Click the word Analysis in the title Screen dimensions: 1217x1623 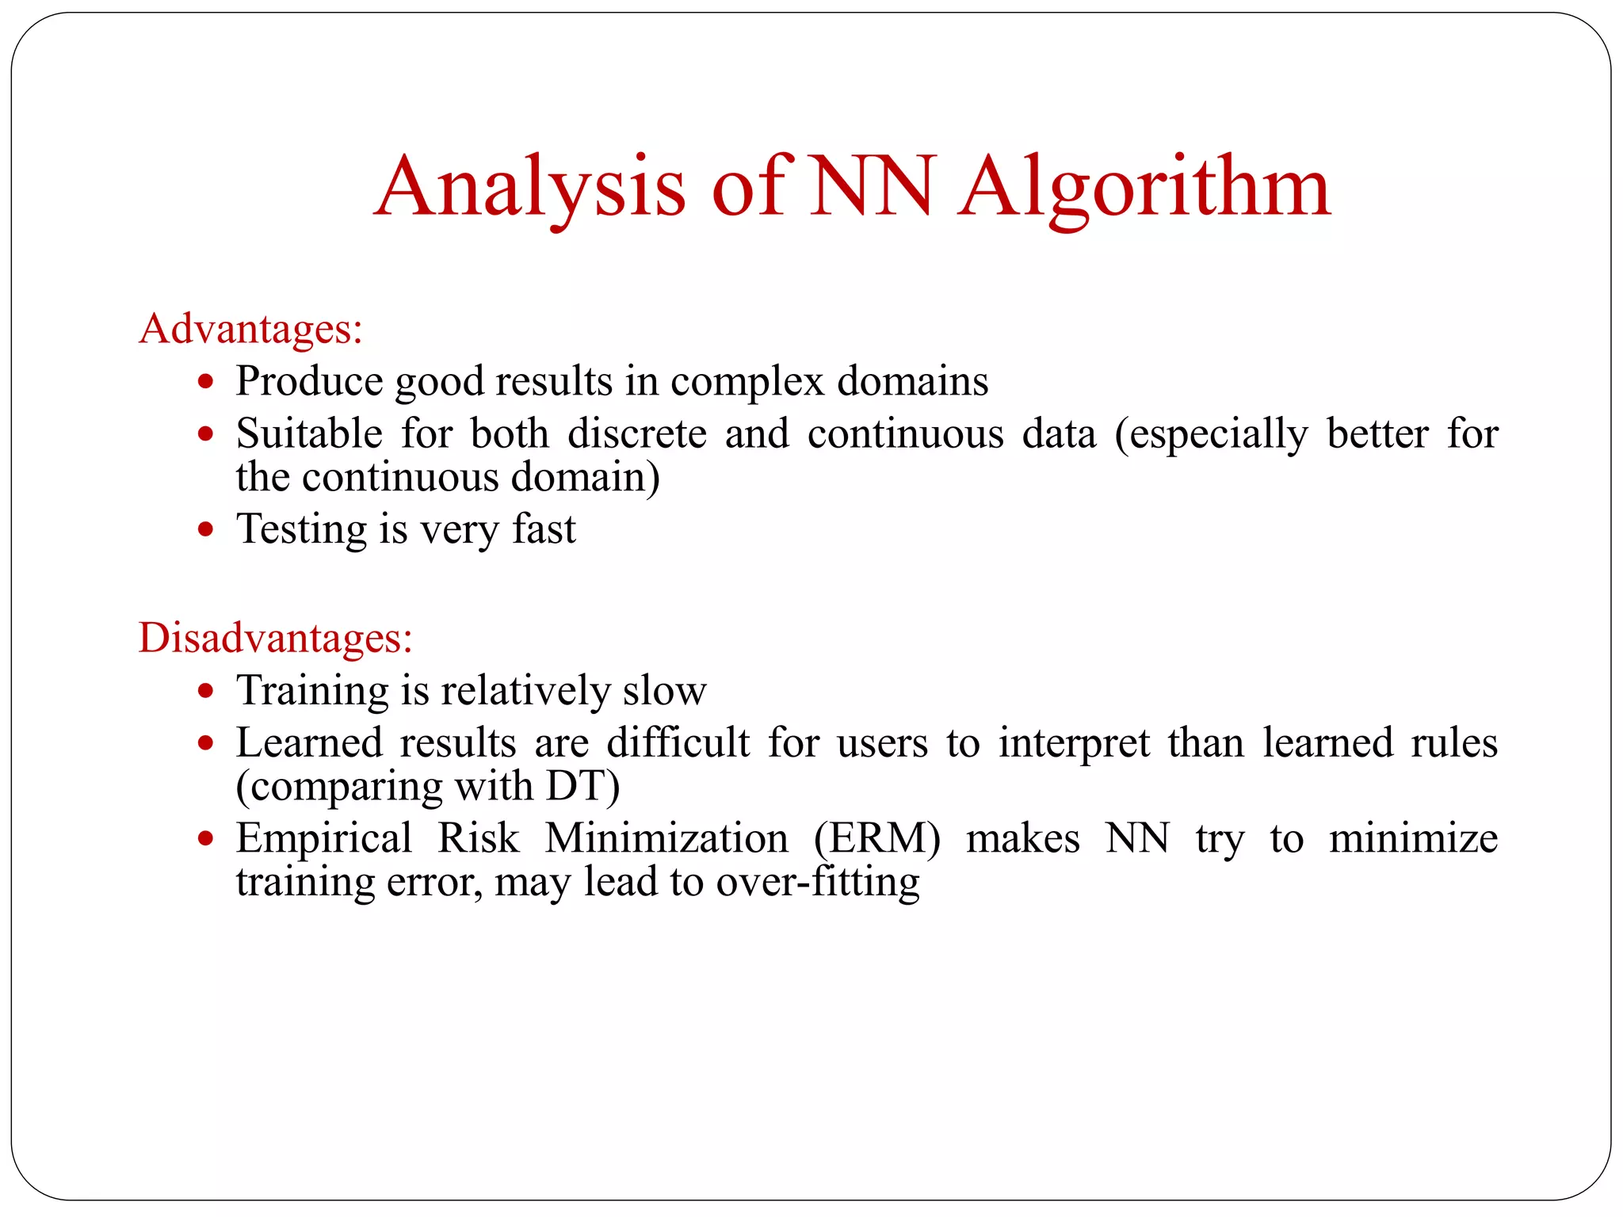529,189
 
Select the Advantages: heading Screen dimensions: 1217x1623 250,328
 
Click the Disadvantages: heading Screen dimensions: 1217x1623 275,637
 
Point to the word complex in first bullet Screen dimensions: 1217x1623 747,382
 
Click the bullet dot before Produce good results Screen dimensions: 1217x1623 206,382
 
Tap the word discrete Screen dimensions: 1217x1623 636,433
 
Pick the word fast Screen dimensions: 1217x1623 544,528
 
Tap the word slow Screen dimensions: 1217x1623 664,690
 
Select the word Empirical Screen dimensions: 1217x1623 323,838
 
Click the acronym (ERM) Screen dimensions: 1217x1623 876,838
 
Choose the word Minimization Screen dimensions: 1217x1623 666,838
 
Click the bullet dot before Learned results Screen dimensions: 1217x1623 206,743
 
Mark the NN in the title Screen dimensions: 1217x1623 871,189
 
